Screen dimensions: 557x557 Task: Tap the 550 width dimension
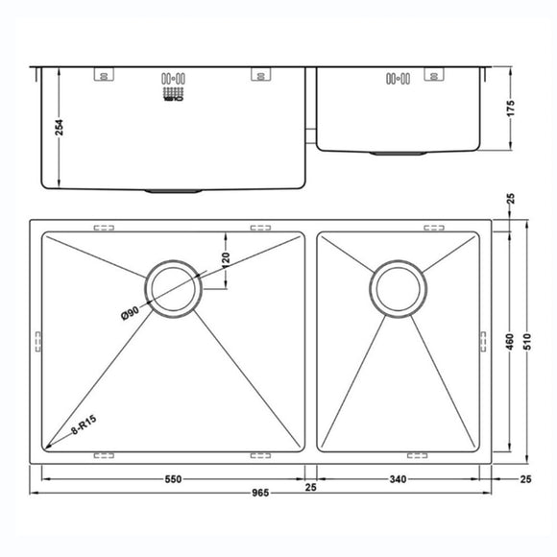pos(173,477)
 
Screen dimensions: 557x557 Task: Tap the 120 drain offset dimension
pos(227,259)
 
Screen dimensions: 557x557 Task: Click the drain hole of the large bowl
pos(173,287)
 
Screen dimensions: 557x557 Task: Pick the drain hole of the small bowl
pos(400,287)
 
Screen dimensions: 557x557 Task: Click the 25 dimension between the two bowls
pos(311,488)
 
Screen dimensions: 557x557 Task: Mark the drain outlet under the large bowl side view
pos(173,192)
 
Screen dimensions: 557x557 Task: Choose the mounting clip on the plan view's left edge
pos(37,341)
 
